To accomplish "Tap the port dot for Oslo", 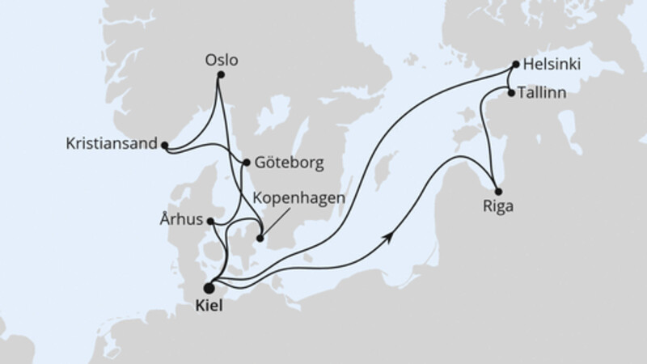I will [x=220, y=75].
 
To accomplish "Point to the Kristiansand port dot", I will [x=164, y=146].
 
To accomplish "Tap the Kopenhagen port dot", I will [x=260, y=238].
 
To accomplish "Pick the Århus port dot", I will [x=210, y=221].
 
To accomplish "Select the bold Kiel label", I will [x=208, y=308].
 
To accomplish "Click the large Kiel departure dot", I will [x=209, y=287].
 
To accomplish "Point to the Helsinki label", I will [x=552, y=63].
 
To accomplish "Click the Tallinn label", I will [x=543, y=94].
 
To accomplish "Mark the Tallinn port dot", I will [x=510, y=94].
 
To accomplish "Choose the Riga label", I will [x=495, y=205].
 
